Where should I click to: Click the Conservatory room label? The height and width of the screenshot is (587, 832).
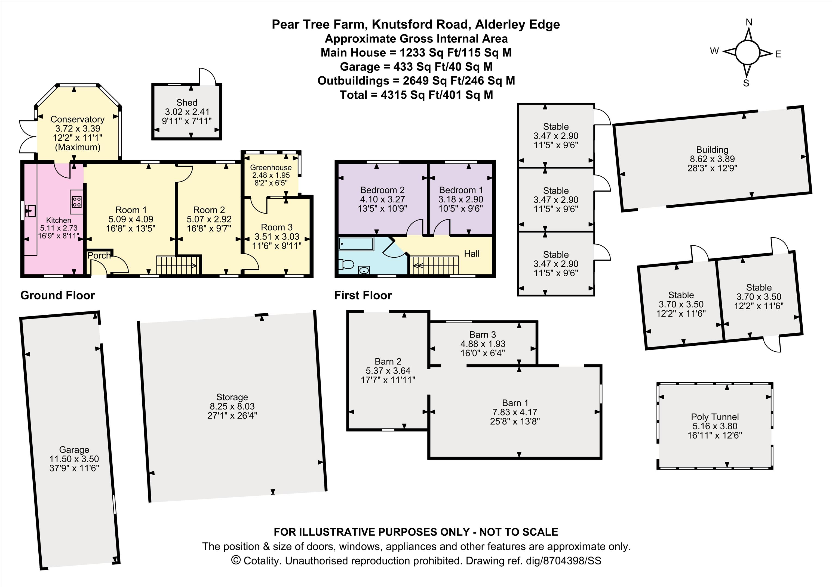(78, 119)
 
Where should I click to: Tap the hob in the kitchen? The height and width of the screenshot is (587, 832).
(76, 202)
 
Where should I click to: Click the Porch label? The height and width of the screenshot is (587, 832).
(99, 255)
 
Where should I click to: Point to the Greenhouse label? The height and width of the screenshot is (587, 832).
(271, 168)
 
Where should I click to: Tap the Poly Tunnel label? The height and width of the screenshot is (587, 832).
(715, 417)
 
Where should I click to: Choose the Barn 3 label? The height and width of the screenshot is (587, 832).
(483, 335)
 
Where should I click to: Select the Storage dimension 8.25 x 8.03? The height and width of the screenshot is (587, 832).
(232, 406)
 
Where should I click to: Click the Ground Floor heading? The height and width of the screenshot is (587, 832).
(58, 295)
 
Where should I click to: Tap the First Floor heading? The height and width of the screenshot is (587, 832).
(363, 295)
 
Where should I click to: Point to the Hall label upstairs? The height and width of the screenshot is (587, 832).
(472, 254)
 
